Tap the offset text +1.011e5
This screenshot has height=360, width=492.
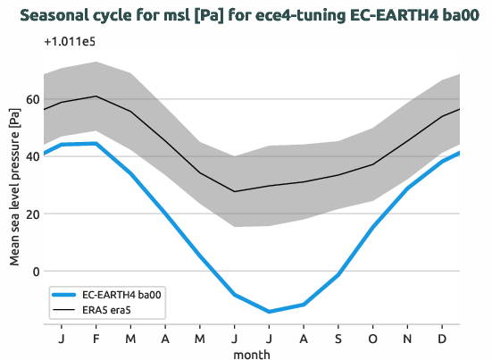68,42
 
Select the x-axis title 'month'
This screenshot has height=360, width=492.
251,354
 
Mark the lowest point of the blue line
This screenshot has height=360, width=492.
269,312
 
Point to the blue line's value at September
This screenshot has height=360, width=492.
338,275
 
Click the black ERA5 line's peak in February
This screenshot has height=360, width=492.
96,96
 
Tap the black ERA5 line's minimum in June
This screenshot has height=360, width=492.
234,191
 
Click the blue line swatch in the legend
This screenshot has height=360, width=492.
65,294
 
